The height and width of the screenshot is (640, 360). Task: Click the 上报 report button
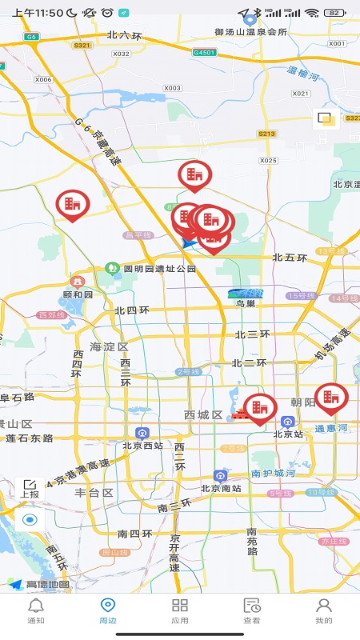coord(30,489)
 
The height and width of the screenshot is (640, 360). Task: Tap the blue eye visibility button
coord(30,520)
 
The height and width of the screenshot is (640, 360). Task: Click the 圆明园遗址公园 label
coord(160,269)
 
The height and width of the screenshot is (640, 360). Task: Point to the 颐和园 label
coord(78,294)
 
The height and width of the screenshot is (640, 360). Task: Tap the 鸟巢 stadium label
coord(245,303)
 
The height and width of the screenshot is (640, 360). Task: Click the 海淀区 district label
coord(109,346)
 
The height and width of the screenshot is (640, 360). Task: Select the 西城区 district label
coord(203,414)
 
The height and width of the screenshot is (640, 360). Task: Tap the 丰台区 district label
coord(94,493)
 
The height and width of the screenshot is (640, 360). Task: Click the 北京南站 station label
coord(221,488)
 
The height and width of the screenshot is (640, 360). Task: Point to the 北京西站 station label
coord(142,446)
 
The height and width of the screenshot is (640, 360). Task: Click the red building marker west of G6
coord(73,205)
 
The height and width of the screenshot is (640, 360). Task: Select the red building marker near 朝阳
coord(330,398)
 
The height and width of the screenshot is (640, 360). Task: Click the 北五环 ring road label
coord(290,258)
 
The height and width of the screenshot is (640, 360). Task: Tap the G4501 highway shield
coord(204,52)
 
